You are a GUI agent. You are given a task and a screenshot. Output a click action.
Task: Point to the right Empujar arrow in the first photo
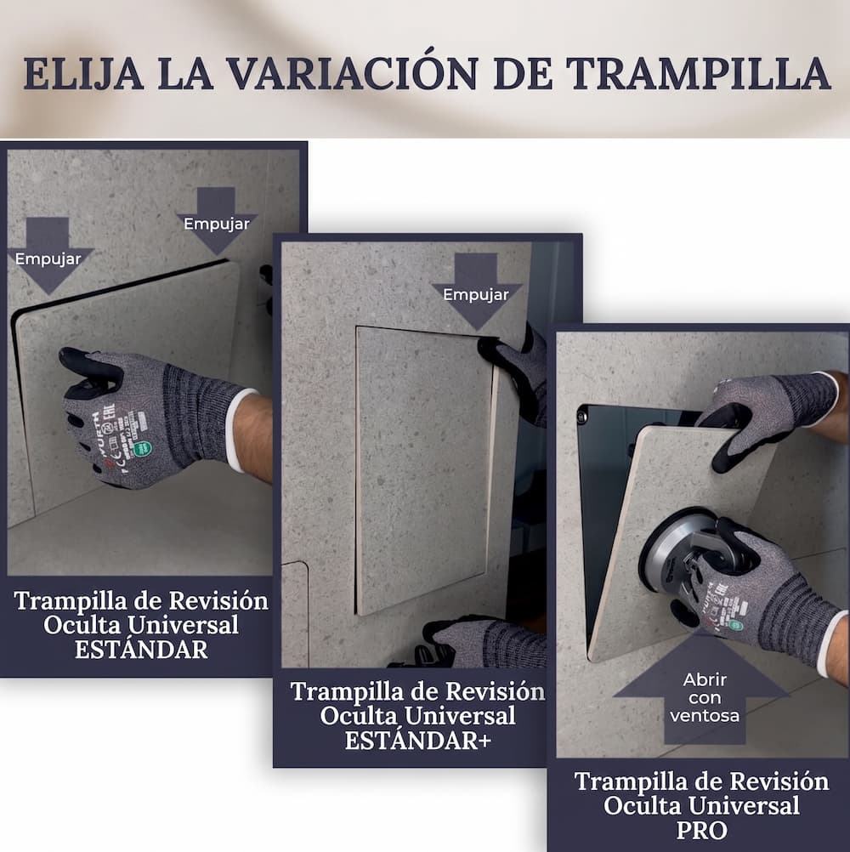[x=217, y=220]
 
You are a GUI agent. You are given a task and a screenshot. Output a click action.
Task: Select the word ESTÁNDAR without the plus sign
[x=141, y=650]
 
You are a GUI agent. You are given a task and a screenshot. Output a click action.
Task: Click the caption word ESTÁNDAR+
[x=417, y=741]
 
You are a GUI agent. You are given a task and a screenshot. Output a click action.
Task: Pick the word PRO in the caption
[x=701, y=830]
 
